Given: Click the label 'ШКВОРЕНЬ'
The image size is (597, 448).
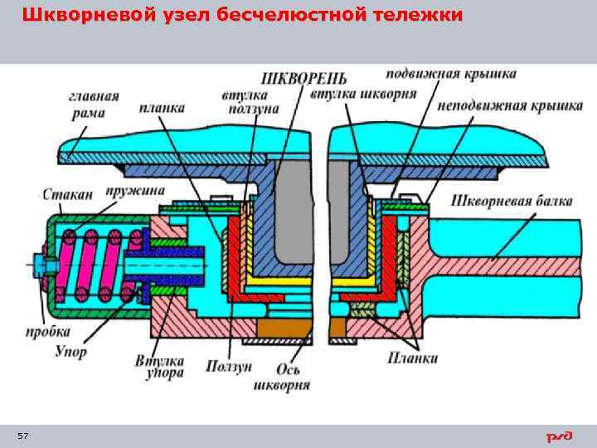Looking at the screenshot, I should tap(298, 79).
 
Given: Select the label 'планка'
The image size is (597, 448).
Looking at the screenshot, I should tap(163, 109).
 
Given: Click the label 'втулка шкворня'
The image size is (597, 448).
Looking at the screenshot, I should tap(363, 94).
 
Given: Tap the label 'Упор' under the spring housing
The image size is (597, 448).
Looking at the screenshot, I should tap(70, 351).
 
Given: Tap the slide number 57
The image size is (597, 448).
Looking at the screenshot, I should tap(22, 436).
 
